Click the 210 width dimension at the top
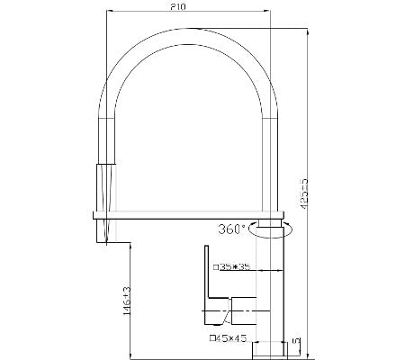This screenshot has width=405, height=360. pos(188,7)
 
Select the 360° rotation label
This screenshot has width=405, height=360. pos(231,229)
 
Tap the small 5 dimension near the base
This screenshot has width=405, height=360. pos(296,343)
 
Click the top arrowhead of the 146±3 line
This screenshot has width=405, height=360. pos(132,246)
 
